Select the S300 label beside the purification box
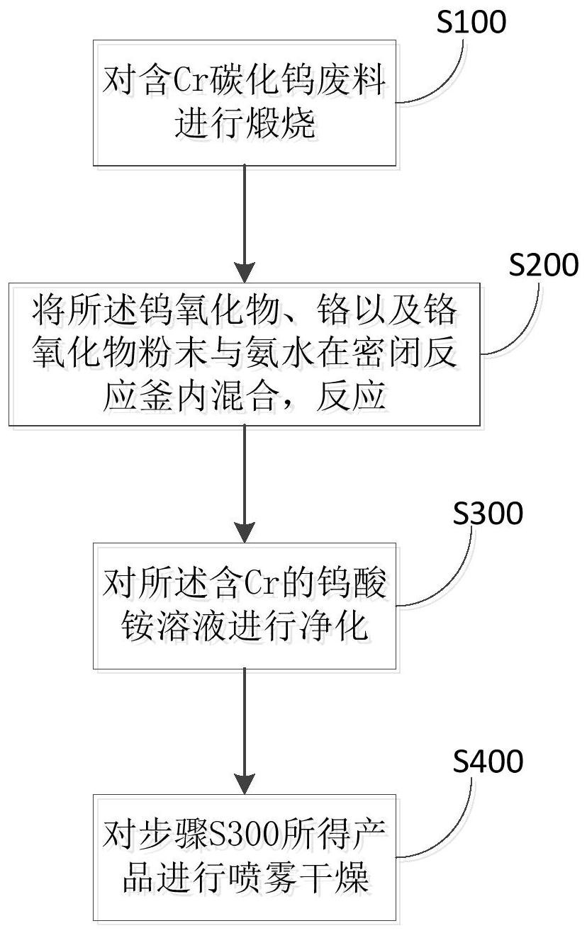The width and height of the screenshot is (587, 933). pyautogui.click(x=488, y=513)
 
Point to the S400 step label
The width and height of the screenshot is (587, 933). pyautogui.click(x=488, y=762)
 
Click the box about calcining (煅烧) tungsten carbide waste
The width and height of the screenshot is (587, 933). pyautogui.click(x=245, y=103)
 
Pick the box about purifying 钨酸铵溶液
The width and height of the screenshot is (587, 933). pyautogui.click(x=245, y=606)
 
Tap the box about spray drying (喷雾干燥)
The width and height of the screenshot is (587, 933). pyautogui.click(x=245, y=857)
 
